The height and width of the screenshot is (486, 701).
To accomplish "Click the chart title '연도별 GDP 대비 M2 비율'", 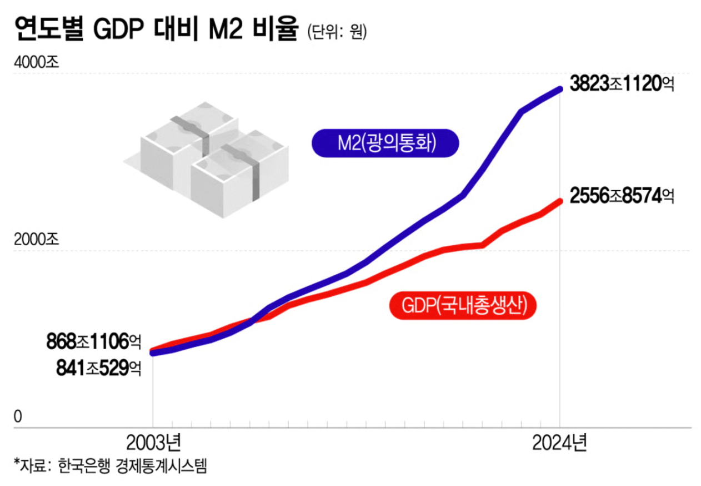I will pyautogui.click(x=156, y=29).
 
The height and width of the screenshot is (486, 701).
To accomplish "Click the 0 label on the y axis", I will pyautogui.click(x=18, y=416).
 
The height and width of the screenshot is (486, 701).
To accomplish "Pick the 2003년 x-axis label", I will pyautogui.click(x=153, y=444).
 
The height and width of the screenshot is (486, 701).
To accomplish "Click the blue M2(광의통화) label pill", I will pyautogui.click(x=385, y=143).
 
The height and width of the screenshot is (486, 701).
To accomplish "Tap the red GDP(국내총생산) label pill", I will pyautogui.click(x=464, y=305).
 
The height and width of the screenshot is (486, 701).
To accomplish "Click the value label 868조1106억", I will pyautogui.click(x=94, y=341).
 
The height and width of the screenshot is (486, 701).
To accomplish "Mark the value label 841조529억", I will pyautogui.click(x=98, y=368).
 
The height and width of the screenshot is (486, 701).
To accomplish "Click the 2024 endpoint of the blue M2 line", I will pyautogui.click(x=559, y=89).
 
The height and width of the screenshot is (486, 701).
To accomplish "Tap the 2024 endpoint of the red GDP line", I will pyautogui.click(x=559, y=201).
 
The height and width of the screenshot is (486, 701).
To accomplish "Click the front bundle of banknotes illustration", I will pyautogui.click(x=239, y=172).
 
